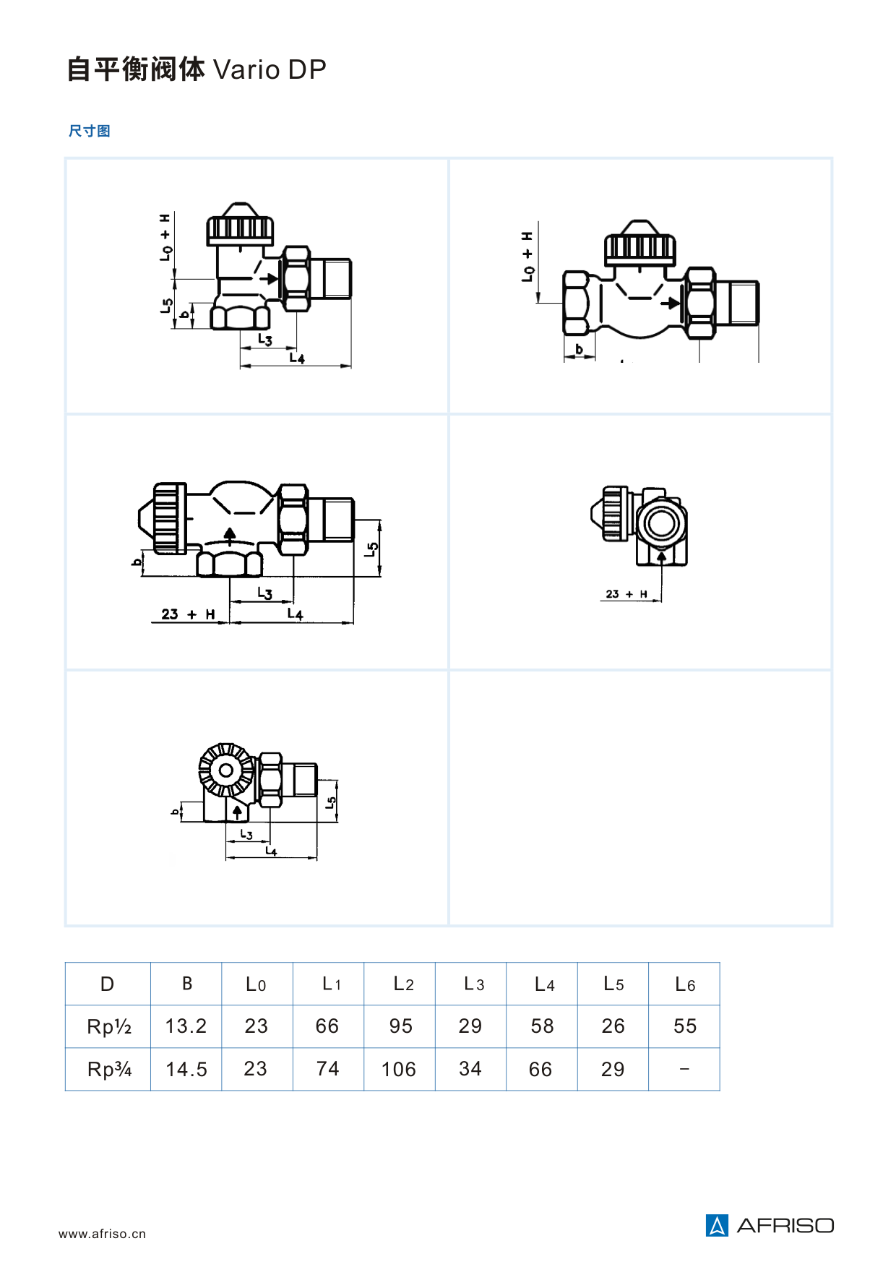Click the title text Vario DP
(270, 69)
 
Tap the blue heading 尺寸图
(89, 131)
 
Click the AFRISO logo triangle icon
(717, 1225)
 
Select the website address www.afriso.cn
(102, 1234)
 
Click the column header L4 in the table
(544, 984)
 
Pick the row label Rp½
(109, 1026)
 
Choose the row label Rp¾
(109, 1069)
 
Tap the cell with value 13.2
(186, 1026)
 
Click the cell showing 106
(399, 1069)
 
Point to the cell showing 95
(400, 1026)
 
